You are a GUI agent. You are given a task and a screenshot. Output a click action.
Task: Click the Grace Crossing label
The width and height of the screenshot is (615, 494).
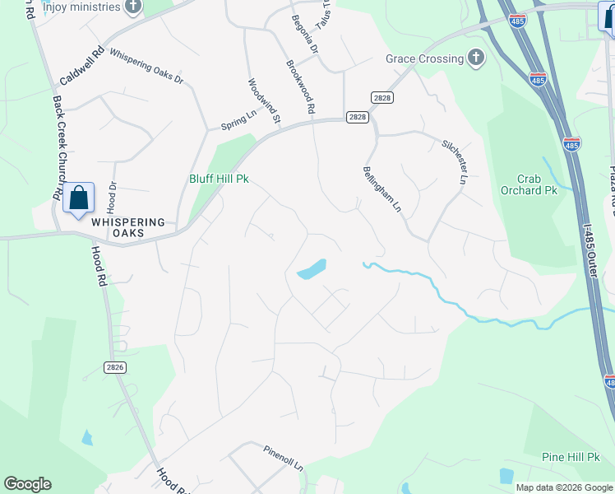pyautogui.click(x=424, y=58)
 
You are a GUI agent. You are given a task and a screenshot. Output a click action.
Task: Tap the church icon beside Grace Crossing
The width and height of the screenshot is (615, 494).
pyautogui.click(x=475, y=58)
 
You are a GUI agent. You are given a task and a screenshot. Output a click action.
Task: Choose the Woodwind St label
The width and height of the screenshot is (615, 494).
pyautogui.click(x=264, y=101)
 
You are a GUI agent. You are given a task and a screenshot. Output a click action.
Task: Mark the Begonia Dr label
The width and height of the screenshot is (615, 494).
pyautogui.click(x=305, y=34)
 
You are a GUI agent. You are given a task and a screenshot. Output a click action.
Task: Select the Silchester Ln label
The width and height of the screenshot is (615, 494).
pyautogui.click(x=455, y=160)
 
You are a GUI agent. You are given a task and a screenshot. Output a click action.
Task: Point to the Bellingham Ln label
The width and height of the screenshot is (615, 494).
pyautogui.click(x=381, y=189)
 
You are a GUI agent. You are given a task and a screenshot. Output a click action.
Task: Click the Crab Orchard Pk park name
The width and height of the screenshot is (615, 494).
pyautogui.click(x=529, y=184)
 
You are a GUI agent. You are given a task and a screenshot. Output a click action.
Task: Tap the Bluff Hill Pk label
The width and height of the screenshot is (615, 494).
pyautogui.click(x=219, y=178)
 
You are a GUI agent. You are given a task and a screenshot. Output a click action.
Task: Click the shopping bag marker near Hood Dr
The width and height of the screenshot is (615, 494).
pyautogui.click(x=79, y=198)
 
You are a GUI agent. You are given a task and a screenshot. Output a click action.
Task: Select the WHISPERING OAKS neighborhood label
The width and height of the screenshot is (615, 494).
pyautogui.click(x=128, y=227)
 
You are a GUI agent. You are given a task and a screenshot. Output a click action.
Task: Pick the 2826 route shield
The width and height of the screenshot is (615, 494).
pyautogui.click(x=115, y=367)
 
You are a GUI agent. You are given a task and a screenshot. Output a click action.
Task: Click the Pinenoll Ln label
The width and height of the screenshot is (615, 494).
pyautogui.click(x=284, y=458)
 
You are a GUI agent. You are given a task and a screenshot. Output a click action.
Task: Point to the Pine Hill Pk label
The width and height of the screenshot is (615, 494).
pyautogui.click(x=573, y=457)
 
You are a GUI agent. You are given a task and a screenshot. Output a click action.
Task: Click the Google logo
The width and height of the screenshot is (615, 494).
pyautogui.click(x=27, y=484)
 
